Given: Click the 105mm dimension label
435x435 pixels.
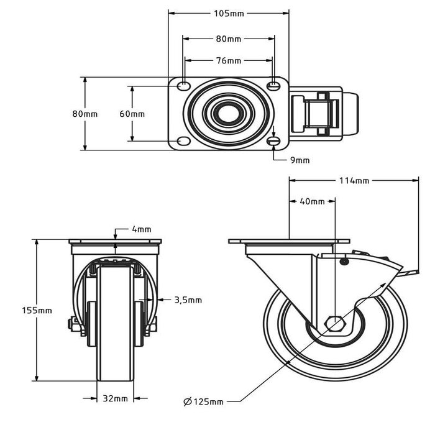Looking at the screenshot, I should pos(229,13).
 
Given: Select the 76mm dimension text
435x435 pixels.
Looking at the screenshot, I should pos(229,61).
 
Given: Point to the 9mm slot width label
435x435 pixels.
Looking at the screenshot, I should pos(300,160).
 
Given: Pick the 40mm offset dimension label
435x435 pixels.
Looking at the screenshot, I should pos(312,201).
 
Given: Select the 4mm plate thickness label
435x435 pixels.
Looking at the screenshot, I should pos(141,229).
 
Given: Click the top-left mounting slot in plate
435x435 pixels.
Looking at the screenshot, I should pos(184,85).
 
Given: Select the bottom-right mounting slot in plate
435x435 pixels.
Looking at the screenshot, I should pos(274,142).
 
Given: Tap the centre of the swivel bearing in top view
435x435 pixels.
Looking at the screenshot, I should pos(228,114).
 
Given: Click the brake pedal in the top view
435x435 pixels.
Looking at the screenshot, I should pos(323,114).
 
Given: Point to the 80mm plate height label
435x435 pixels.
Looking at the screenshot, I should pos(85,114).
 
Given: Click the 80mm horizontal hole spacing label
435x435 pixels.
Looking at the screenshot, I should pos(229,39).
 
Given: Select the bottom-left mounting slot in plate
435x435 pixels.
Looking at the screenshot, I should pos(184,142).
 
